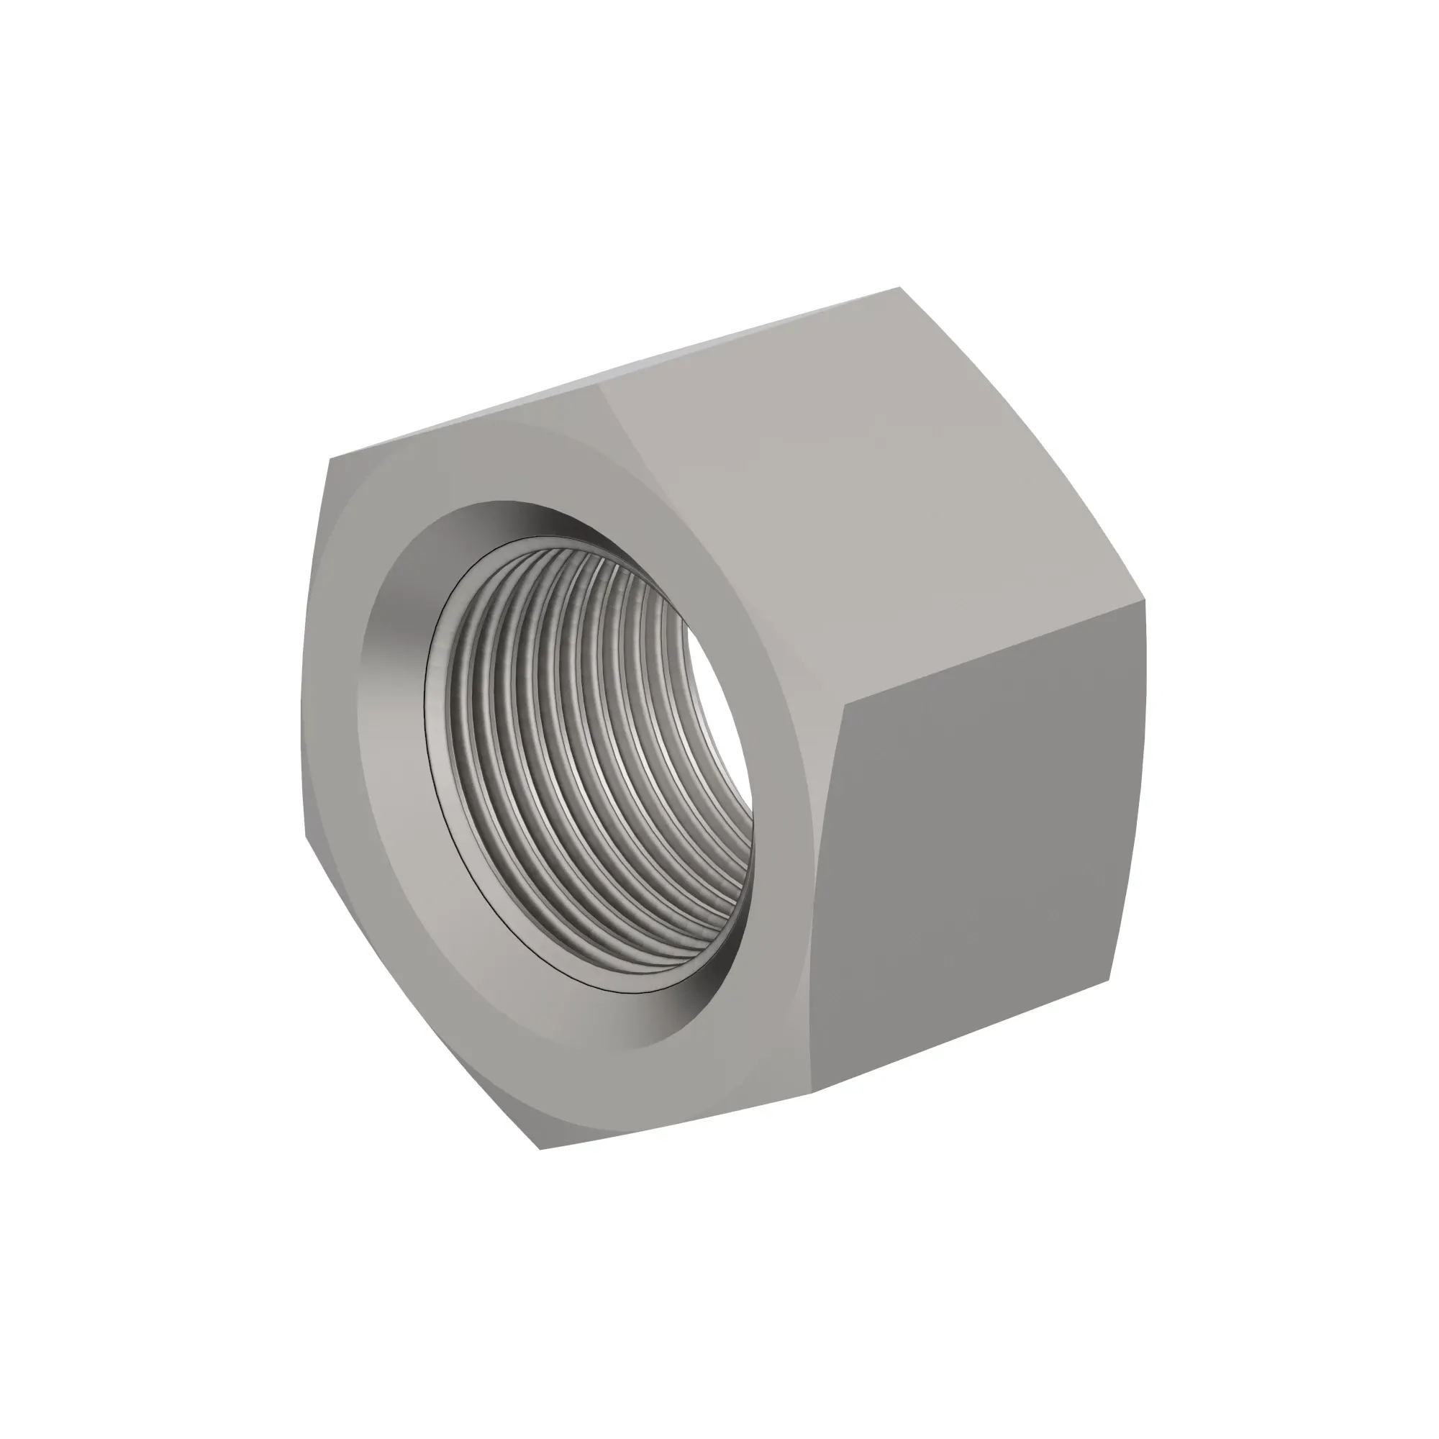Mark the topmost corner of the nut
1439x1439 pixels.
900,288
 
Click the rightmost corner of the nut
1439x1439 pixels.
1145,602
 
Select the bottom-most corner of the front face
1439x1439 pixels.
539,1148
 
